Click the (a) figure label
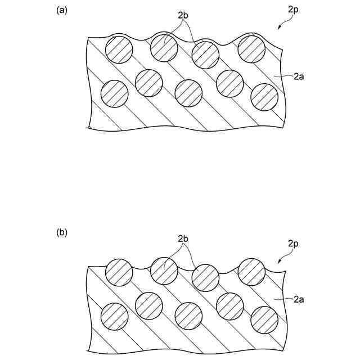click(62, 10)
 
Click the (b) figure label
click(62, 232)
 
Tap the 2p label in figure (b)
click(293, 244)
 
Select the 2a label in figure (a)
click(299, 78)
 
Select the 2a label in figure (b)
click(299, 300)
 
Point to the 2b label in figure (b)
click(183, 238)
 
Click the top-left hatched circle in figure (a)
click(119, 49)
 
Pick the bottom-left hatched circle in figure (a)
click(114, 93)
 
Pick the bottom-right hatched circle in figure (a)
click(264, 97)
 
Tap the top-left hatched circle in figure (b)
click(119, 272)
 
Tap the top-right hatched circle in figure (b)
click(251, 271)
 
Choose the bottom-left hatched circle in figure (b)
click(114, 316)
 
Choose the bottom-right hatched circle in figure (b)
click(264, 320)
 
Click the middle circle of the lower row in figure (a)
click(188, 93)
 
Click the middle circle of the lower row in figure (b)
click(188, 316)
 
